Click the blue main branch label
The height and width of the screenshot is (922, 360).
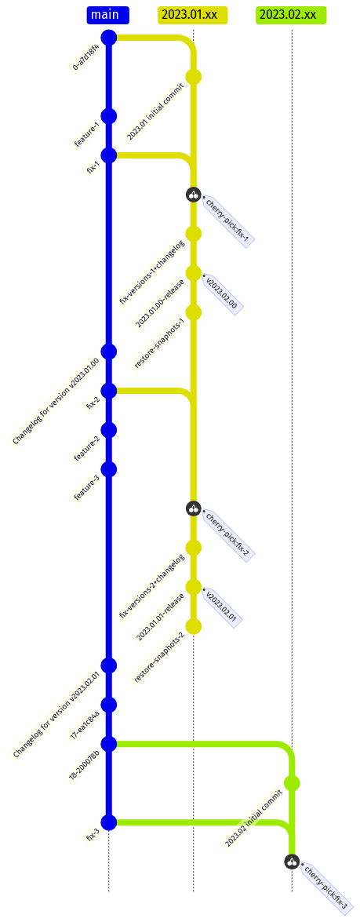click(x=108, y=15)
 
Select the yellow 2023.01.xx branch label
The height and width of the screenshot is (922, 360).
click(x=193, y=15)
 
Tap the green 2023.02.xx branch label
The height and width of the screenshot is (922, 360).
click(x=291, y=15)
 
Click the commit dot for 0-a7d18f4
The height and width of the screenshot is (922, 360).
click(x=109, y=38)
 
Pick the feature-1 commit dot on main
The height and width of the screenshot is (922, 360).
click(x=109, y=116)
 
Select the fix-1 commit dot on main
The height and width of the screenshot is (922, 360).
click(x=109, y=155)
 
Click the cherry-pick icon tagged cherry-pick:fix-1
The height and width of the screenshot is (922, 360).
click(x=194, y=194)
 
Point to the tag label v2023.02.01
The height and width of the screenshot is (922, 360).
click(x=221, y=607)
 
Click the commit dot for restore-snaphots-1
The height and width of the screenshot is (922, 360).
click(x=194, y=312)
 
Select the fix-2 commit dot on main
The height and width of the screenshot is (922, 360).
click(x=109, y=391)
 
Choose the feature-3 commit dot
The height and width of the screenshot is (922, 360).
click(x=109, y=469)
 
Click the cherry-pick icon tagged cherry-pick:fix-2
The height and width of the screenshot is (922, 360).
click(x=194, y=508)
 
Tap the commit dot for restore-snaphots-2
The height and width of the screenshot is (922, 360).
click(x=194, y=626)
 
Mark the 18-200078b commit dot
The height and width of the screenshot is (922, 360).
click(x=109, y=744)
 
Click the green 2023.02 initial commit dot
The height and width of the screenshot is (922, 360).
click(x=292, y=783)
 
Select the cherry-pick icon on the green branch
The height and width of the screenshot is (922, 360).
click(x=292, y=862)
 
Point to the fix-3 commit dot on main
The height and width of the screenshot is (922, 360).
click(x=109, y=822)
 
